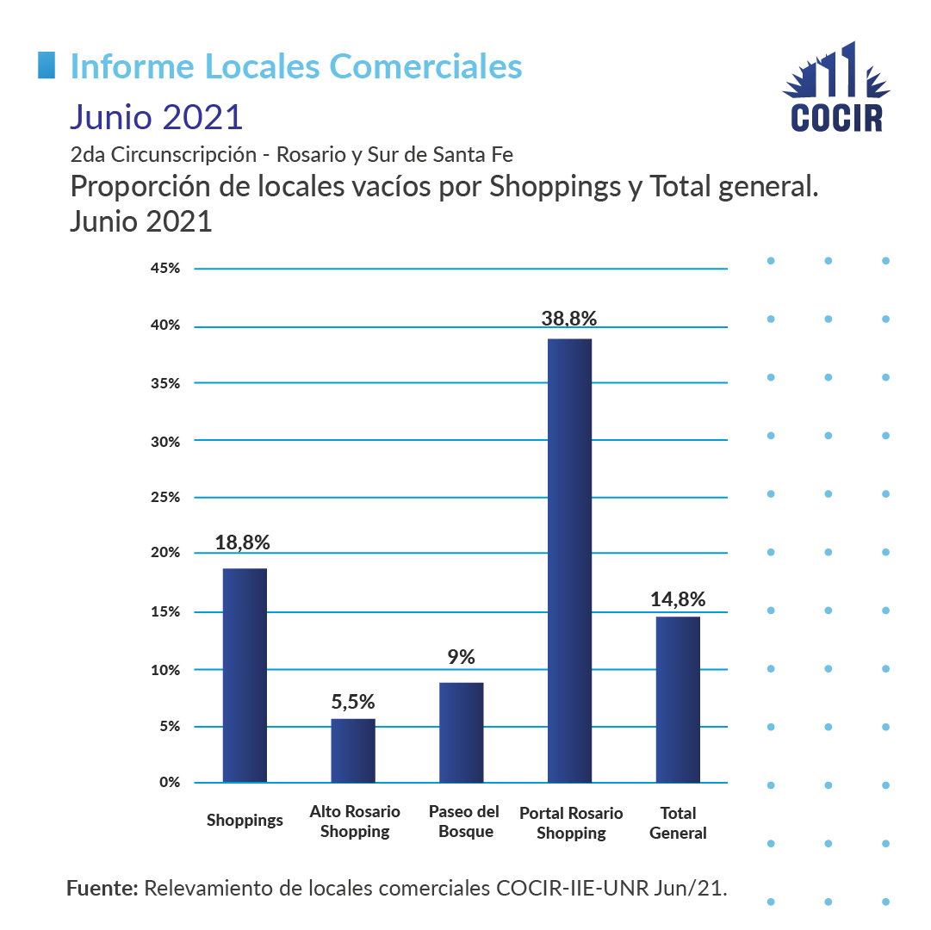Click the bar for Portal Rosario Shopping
[x=569, y=560]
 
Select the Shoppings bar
[x=245, y=675]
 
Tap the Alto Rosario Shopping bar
[x=353, y=750]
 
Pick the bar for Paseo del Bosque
[x=461, y=732]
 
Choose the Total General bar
[x=678, y=699]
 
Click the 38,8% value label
[x=569, y=318]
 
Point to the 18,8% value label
[x=243, y=542]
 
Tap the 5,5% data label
[x=353, y=701]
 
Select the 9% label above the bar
[x=461, y=656]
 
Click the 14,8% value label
[x=678, y=598]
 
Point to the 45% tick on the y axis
[x=164, y=269]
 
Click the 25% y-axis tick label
[x=164, y=498]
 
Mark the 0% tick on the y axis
[x=168, y=783]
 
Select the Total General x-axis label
[x=678, y=822]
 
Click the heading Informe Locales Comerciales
[x=295, y=66]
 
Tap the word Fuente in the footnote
[x=102, y=888]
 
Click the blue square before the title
[x=47, y=65]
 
